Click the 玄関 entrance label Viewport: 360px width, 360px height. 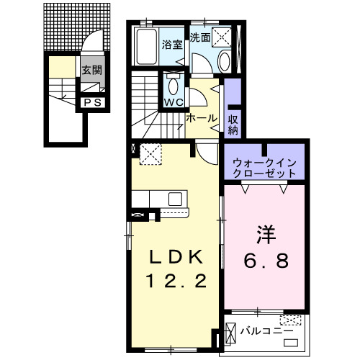pos(91,70)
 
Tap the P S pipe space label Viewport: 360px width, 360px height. pos(91,102)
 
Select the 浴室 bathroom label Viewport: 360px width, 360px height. pos(172,42)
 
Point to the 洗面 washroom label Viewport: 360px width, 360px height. pos(200,36)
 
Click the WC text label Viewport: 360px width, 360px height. pos(173,102)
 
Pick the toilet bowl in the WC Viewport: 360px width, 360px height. pos(173,85)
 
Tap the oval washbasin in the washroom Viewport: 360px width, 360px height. pos(223,60)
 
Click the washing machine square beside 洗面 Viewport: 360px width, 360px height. pos(222,36)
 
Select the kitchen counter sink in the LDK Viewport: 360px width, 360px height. pos(175,197)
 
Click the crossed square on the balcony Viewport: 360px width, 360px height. pos(231,333)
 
